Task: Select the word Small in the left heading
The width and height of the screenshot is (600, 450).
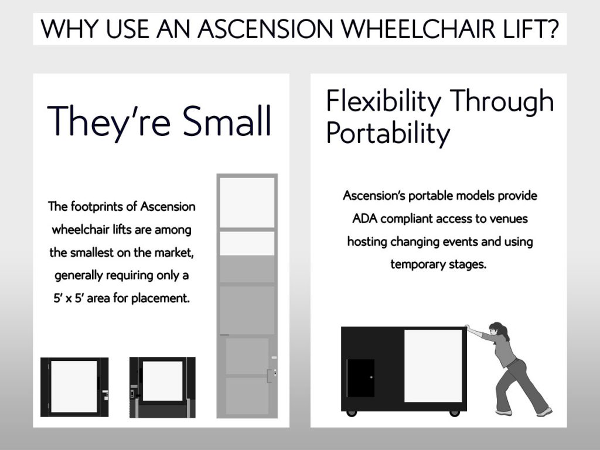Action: click(227, 121)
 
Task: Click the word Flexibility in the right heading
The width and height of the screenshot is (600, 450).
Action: click(384, 101)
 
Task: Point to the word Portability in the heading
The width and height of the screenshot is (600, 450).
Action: click(388, 134)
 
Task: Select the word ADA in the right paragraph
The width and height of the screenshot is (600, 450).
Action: click(364, 219)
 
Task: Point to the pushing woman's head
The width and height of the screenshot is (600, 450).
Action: click(498, 330)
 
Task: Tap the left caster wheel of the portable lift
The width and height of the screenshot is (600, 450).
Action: click(352, 413)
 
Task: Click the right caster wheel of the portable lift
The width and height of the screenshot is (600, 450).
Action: click(454, 413)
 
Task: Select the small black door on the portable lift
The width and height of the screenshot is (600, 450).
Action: click(360, 378)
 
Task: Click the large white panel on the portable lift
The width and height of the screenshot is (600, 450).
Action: click(433, 366)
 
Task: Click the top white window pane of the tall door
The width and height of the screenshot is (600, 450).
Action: click(247, 202)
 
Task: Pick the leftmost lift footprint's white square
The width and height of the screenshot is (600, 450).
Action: click(74, 387)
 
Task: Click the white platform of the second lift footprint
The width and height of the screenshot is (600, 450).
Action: click(163, 381)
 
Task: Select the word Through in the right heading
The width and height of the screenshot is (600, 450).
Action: click(502, 101)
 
